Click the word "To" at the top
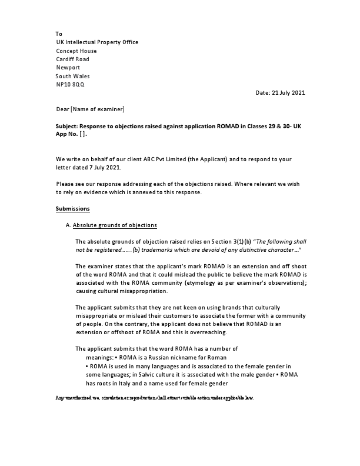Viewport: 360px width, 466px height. click(59, 34)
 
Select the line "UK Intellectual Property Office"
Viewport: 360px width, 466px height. click(97, 42)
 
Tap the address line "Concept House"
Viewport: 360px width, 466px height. click(76, 51)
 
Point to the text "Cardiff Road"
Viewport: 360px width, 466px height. click(73, 59)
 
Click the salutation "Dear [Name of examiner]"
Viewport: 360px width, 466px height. click(90, 109)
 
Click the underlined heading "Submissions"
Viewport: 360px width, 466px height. click(72, 209)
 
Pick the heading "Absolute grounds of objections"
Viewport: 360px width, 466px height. click(115, 225)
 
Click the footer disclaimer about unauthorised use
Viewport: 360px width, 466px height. click(155, 398)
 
